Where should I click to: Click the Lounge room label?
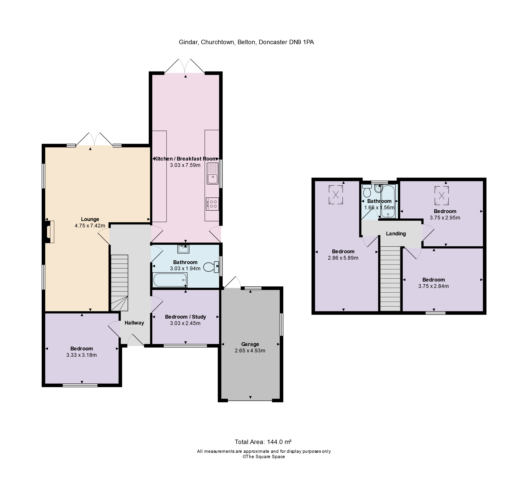(90, 219)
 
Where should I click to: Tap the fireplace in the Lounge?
(50, 232)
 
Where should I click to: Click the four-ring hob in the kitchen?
(212, 204)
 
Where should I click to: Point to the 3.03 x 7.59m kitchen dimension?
(185, 165)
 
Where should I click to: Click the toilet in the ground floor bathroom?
(210, 267)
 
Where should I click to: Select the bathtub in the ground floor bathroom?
(170, 280)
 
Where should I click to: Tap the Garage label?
(250, 344)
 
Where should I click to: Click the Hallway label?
(134, 323)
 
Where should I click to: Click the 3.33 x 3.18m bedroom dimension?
(82, 355)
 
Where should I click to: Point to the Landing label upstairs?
(396, 233)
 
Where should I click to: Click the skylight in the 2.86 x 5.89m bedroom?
(336, 195)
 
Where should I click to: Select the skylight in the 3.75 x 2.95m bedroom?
(441, 196)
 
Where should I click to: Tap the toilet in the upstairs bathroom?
(367, 191)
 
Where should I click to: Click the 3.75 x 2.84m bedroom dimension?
(433, 286)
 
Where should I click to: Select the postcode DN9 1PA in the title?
(301, 42)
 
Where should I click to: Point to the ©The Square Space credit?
(264, 457)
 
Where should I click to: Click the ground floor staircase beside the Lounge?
(119, 282)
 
